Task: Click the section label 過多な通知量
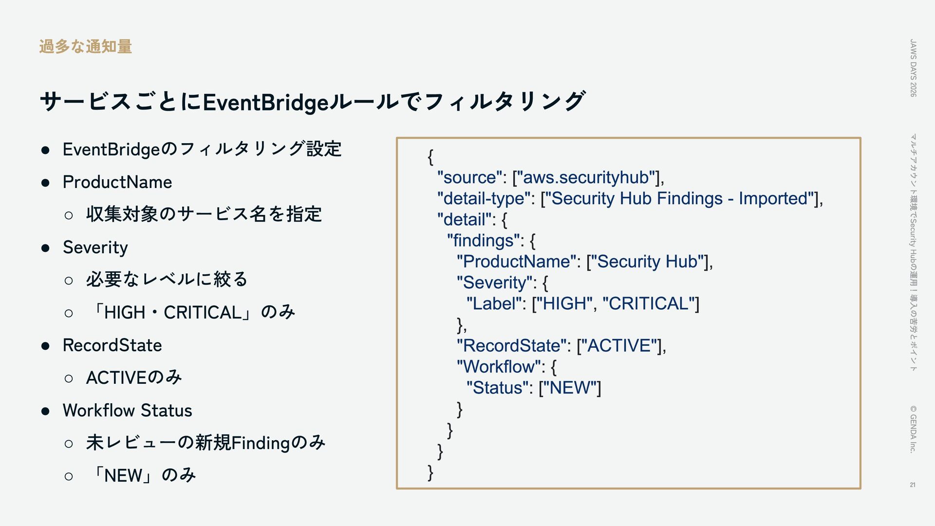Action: pos(86,47)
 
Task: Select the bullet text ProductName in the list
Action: pos(117,182)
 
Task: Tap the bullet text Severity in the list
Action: pos(95,247)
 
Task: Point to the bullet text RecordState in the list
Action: pos(112,345)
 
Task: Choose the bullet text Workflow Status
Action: pos(128,411)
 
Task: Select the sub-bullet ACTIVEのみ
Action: pos(134,377)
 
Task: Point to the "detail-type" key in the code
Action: pos(484,199)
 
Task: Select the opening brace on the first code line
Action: pos(430,157)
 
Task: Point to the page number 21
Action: pos(913,485)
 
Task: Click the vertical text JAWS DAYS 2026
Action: pos(914,68)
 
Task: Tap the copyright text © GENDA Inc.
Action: pos(914,429)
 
